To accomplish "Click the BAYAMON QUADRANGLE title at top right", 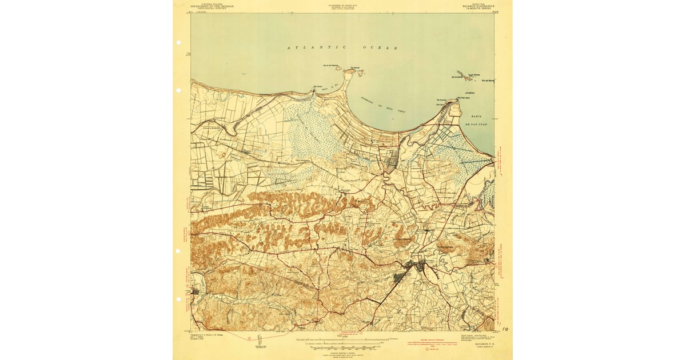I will pos(477,6).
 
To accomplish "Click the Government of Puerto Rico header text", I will pos(343,6).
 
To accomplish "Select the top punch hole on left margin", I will pos(178,43).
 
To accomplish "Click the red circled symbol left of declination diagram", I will pos(249,338).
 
